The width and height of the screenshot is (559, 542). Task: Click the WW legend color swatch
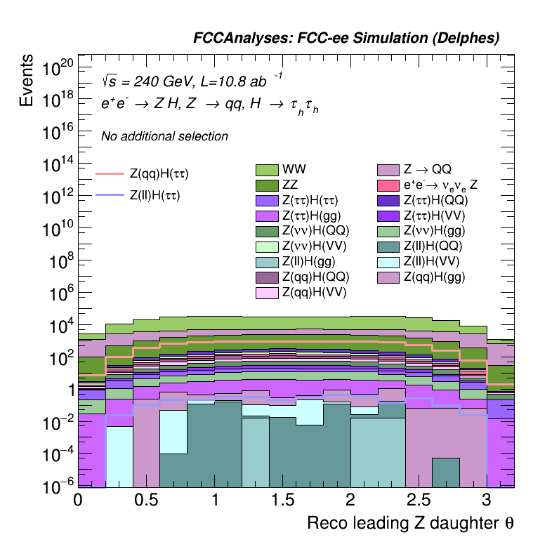point(268,169)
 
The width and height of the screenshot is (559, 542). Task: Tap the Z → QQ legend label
point(427,169)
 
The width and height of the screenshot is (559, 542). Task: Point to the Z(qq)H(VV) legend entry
point(315,292)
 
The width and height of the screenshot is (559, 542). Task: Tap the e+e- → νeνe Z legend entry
point(440,185)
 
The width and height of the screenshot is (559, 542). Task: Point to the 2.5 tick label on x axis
point(419,499)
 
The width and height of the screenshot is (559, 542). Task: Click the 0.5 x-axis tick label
point(146,499)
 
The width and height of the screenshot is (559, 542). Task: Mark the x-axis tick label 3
point(486,499)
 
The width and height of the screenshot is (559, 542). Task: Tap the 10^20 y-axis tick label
point(58,69)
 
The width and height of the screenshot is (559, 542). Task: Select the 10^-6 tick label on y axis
point(58,485)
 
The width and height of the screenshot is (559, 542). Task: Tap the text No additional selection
point(164,136)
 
